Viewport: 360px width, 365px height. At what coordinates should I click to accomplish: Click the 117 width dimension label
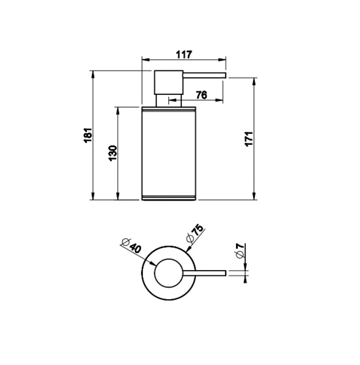coord(184,54)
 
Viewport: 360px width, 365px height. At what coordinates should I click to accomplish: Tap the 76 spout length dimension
coord(202,95)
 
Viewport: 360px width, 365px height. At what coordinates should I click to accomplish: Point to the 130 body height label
coord(113,153)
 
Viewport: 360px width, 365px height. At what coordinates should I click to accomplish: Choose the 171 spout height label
coord(249,139)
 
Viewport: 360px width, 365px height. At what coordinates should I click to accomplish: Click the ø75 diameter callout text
coord(195,234)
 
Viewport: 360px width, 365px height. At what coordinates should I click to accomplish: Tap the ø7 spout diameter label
coord(240,250)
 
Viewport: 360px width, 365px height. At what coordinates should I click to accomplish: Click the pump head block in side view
coord(169,82)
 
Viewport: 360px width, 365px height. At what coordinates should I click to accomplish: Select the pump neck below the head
coord(169,100)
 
